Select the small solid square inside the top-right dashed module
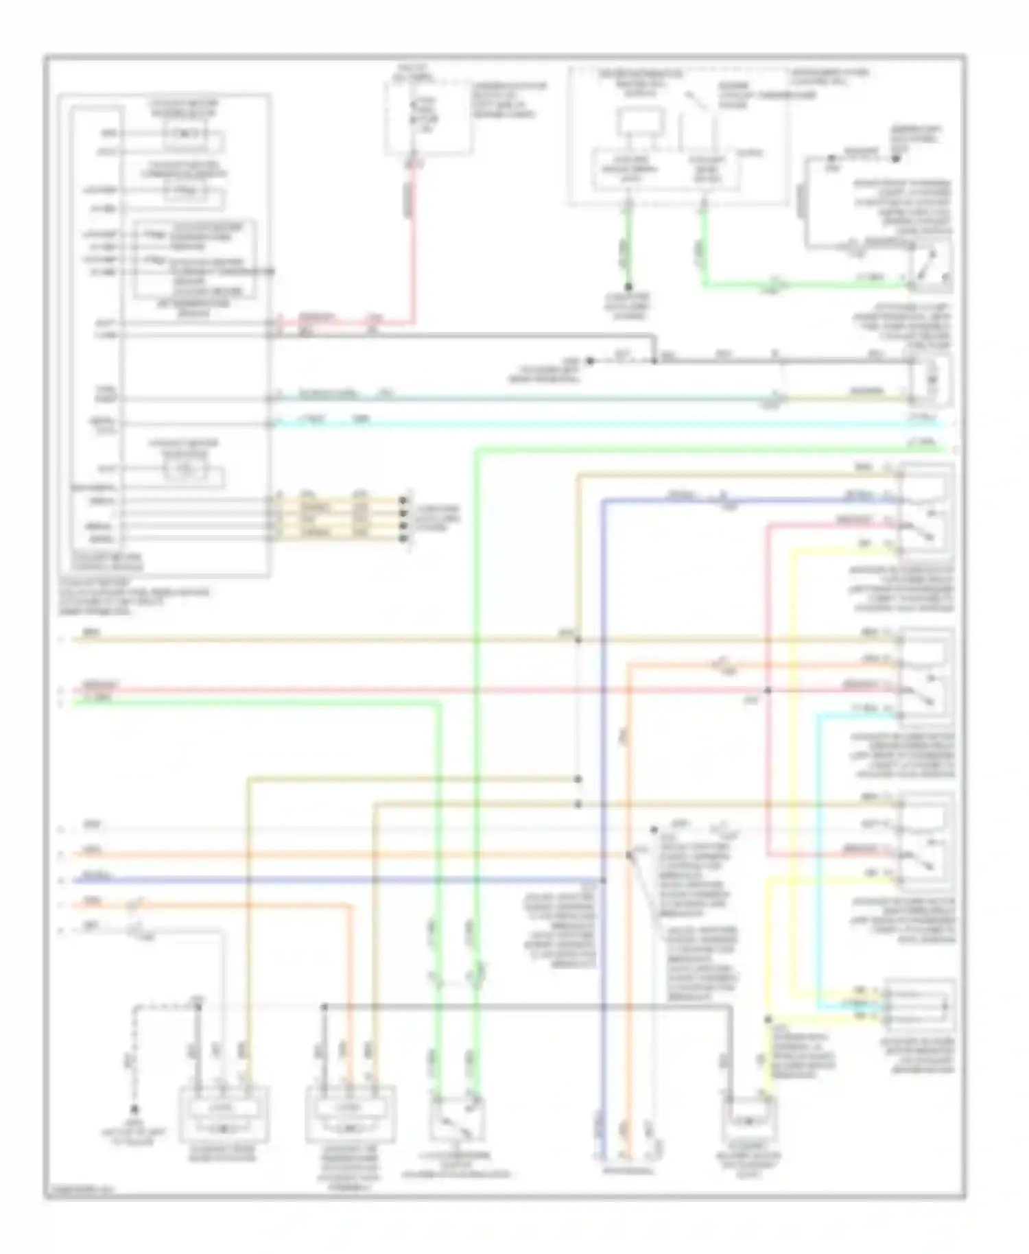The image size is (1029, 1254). [639, 123]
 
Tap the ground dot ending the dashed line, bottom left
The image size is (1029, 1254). [135, 1128]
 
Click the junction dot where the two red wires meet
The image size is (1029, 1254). [768, 690]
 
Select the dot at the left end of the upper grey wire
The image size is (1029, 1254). [589, 361]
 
